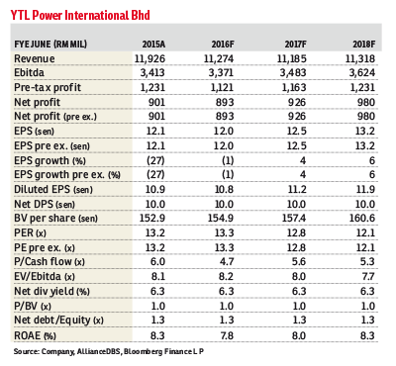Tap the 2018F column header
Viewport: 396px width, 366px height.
(363, 46)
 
